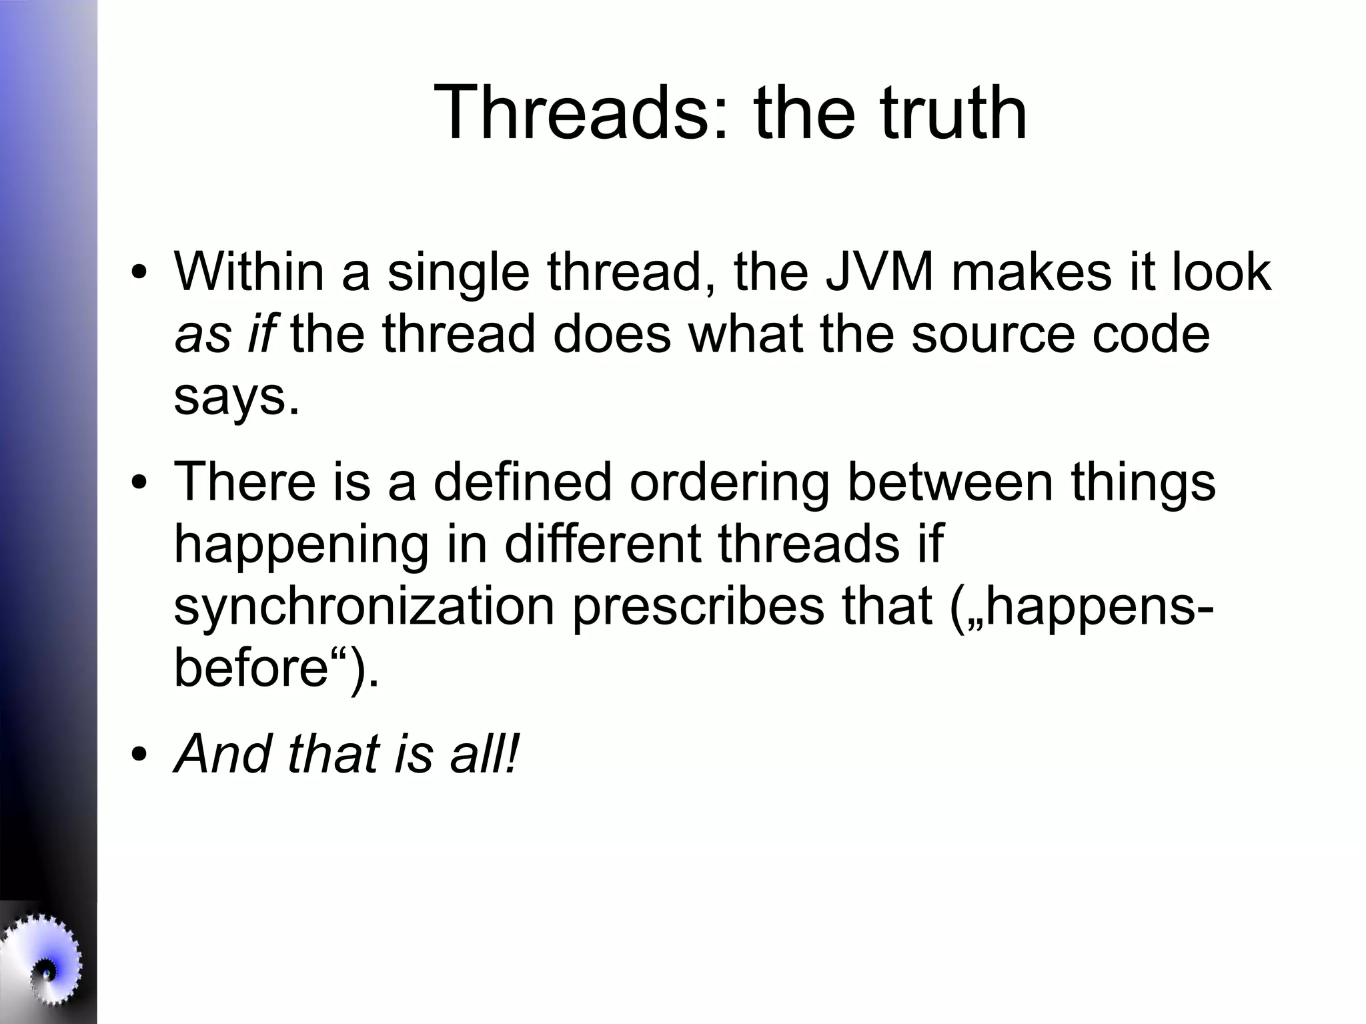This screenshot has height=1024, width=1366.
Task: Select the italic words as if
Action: (x=224, y=334)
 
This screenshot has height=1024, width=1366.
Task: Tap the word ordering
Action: (x=730, y=482)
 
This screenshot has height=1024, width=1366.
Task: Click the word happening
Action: (x=300, y=543)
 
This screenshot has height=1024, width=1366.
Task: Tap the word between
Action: (x=950, y=482)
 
